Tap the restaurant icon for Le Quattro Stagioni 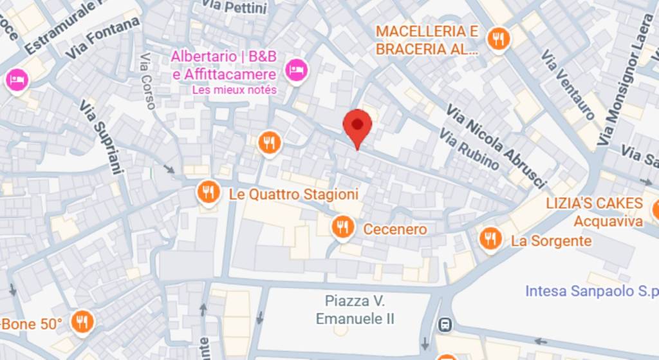coord(207,192)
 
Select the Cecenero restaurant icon coord(342,227)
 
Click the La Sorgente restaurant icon coord(490,239)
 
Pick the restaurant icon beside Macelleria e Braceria coord(497,39)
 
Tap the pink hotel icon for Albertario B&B coord(295,68)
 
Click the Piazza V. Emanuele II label coord(355,310)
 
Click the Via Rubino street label coord(469,149)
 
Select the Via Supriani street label coord(100,137)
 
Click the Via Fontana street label coord(103,39)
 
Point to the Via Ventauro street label coord(568,84)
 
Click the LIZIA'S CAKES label coord(594,204)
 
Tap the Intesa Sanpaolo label coord(591,290)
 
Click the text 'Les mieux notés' coord(234,90)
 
